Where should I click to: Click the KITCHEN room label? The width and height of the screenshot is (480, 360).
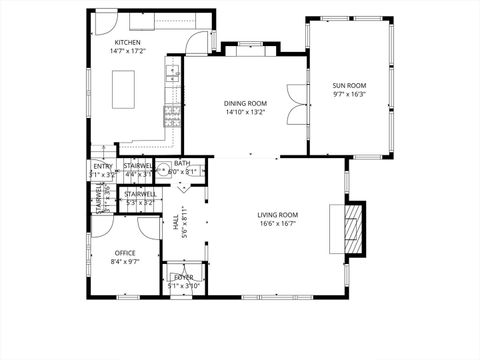(128, 43)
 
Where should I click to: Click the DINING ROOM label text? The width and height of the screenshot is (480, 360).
(244, 103)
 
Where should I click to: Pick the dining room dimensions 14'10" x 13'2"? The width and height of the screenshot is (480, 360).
(244, 112)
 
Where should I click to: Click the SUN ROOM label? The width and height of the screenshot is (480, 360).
(349, 86)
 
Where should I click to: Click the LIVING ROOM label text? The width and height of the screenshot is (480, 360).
(277, 215)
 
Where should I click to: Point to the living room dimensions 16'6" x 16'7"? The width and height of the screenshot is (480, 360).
(277, 224)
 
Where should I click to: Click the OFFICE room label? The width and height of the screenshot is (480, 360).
(125, 252)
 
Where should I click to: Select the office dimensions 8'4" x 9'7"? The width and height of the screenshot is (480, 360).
(125, 261)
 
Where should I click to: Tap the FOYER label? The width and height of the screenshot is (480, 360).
(184, 277)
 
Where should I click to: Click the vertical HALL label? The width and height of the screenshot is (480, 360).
(176, 229)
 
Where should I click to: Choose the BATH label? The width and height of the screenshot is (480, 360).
(182, 163)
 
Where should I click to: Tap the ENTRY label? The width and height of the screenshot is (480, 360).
(103, 166)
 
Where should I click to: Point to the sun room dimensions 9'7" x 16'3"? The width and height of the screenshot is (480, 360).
(349, 95)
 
